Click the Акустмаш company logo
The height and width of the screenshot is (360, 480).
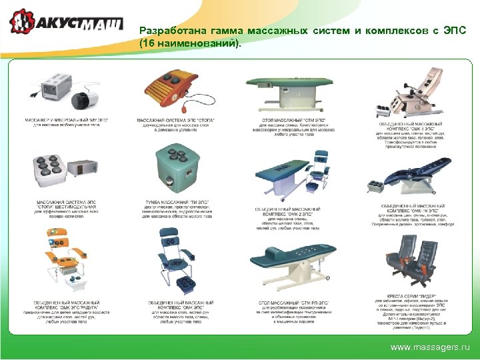tap(66, 23)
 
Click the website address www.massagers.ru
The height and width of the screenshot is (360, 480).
tap(429, 347)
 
